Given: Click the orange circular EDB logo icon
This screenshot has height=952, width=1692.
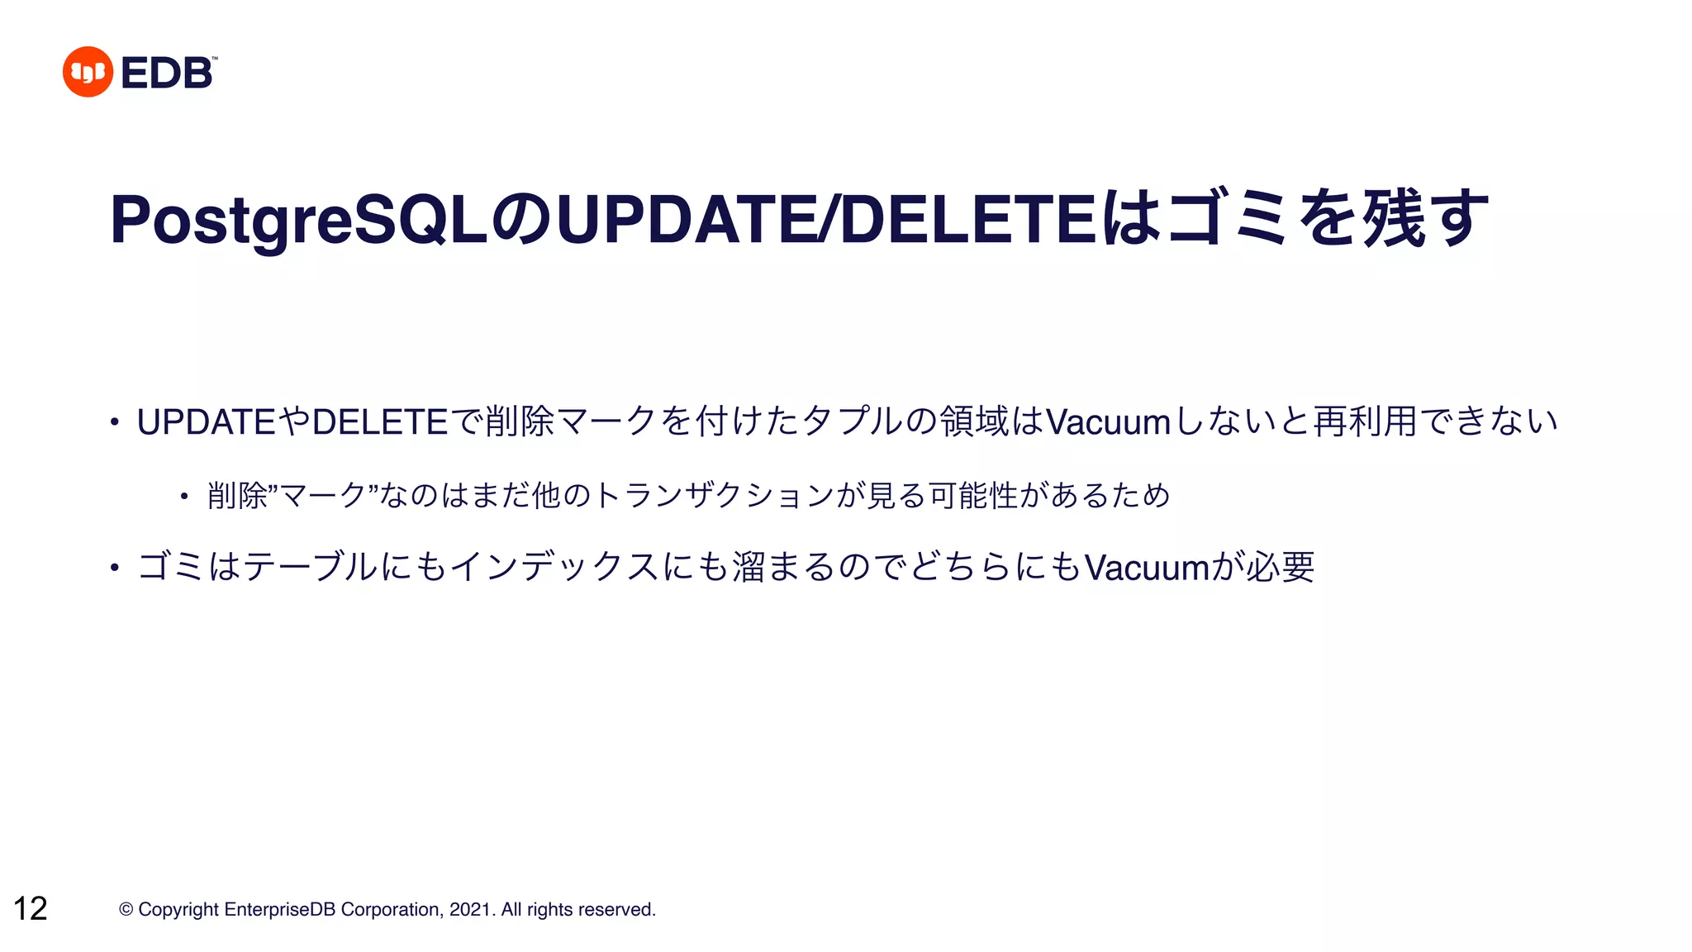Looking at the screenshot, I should (x=88, y=72).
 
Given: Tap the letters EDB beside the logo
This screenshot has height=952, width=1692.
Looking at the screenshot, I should (x=167, y=73).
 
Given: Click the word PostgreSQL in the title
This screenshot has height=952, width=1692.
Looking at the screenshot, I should (x=299, y=220).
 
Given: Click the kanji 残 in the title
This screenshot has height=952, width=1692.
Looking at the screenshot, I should (x=1394, y=218).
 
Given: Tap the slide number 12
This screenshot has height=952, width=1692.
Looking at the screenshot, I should (x=31, y=908).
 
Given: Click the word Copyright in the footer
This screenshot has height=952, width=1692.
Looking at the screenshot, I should (x=178, y=909).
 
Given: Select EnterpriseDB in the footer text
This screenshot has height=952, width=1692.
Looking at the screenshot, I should (x=279, y=909).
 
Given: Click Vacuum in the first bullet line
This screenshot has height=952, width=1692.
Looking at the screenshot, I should (x=1108, y=421).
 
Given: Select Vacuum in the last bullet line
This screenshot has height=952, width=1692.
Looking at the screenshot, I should (x=1147, y=567).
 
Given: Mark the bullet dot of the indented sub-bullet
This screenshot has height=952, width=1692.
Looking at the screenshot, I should (x=184, y=496).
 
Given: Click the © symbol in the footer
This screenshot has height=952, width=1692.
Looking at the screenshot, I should (x=126, y=909).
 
